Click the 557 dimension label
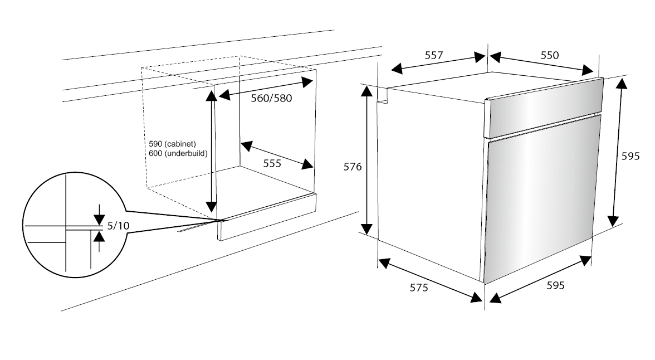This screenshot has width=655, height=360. pos(433,55)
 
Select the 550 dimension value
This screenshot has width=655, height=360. pos(549,55)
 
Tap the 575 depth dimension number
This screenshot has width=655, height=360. pos(419,288)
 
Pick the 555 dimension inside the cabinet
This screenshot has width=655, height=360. pos(272,163)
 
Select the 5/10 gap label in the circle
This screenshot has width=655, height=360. pos(118,226)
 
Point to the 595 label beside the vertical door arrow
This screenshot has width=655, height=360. pos(630,157)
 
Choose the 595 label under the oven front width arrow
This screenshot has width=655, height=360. pos(555,285)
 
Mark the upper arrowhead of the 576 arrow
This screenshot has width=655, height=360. pos(367,92)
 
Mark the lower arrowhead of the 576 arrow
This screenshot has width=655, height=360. pos(367,228)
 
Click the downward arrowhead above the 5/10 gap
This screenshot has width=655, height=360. pos(99,218)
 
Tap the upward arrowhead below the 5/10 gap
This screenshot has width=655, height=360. pos(99,236)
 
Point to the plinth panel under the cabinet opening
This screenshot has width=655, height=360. pos(267,217)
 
